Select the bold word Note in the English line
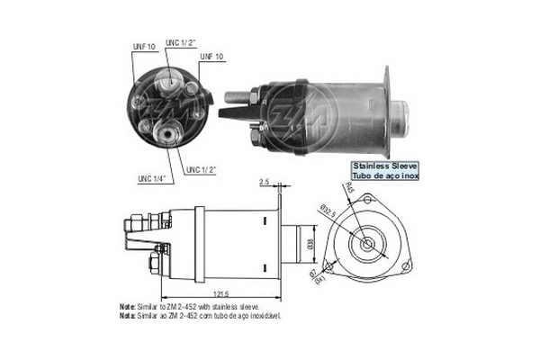point(127,307)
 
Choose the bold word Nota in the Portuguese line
point(127,316)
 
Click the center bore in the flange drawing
point(369,242)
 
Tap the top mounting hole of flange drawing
point(369,200)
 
